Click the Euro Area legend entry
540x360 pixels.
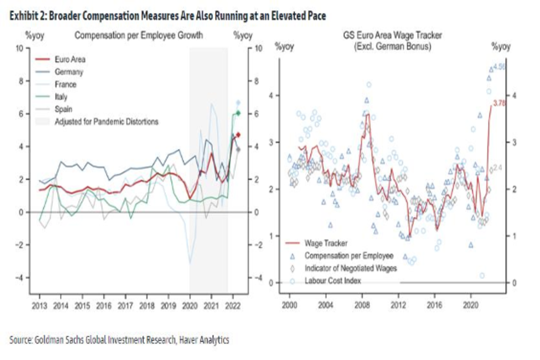[70, 59]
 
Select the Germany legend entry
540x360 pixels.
[69, 72]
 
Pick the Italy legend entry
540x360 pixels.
[61, 96]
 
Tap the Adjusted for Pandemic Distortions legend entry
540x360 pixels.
[106, 121]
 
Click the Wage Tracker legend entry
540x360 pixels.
[326, 243]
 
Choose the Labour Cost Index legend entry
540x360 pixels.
[333, 281]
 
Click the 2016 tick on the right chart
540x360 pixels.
[434, 297]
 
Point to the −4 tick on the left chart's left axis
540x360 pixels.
[20, 278]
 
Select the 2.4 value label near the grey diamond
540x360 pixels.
[498, 168]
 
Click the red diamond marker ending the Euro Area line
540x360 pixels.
[238, 135]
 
